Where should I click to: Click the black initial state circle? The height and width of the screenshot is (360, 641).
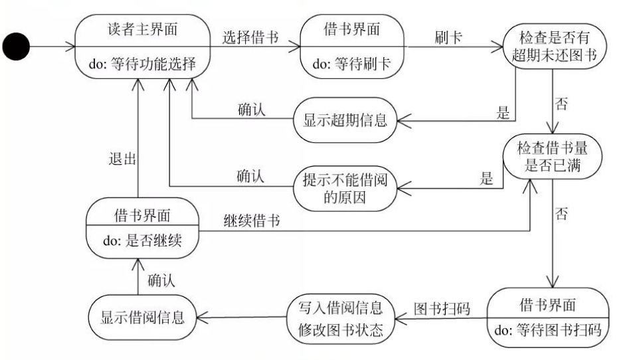pos(19,48)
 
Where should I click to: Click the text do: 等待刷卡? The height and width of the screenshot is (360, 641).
pos(351,64)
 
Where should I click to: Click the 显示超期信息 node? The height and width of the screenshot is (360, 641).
pos(345,121)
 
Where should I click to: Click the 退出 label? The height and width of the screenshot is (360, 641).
pos(122,159)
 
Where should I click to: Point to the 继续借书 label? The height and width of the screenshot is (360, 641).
pos(252,222)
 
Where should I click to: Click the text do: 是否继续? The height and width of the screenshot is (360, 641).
pos(142,243)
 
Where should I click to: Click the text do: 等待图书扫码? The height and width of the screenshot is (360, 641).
pos(549,329)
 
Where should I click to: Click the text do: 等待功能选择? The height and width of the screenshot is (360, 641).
pos(143,64)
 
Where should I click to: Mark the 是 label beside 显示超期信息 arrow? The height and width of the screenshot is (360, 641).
pos(503,112)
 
